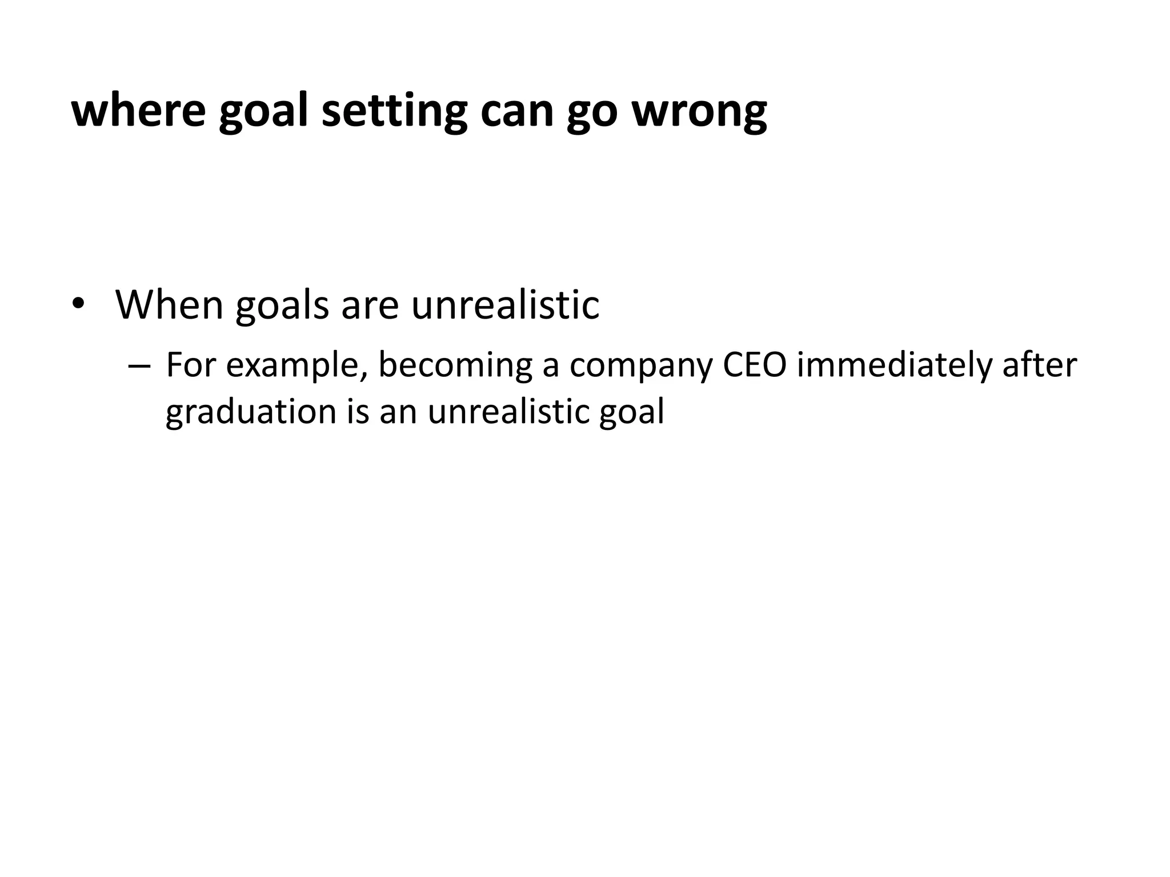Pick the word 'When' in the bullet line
pos(170,304)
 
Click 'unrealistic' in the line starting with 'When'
pos(505,304)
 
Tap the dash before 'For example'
pos(139,366)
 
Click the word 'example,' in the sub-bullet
pos(296,366)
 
